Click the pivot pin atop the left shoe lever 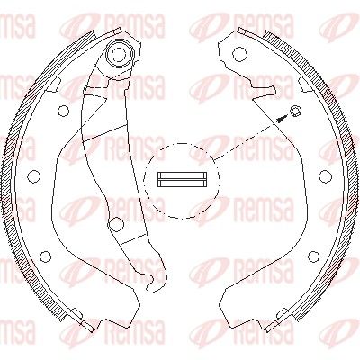pos(120,53)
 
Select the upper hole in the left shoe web pos(63,112)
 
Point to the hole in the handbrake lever pos(117,224)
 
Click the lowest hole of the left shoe pos(45,256)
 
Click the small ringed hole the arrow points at pos(295,111)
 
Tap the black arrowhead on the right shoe pos(281,119)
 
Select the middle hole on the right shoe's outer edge pos(326,176)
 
